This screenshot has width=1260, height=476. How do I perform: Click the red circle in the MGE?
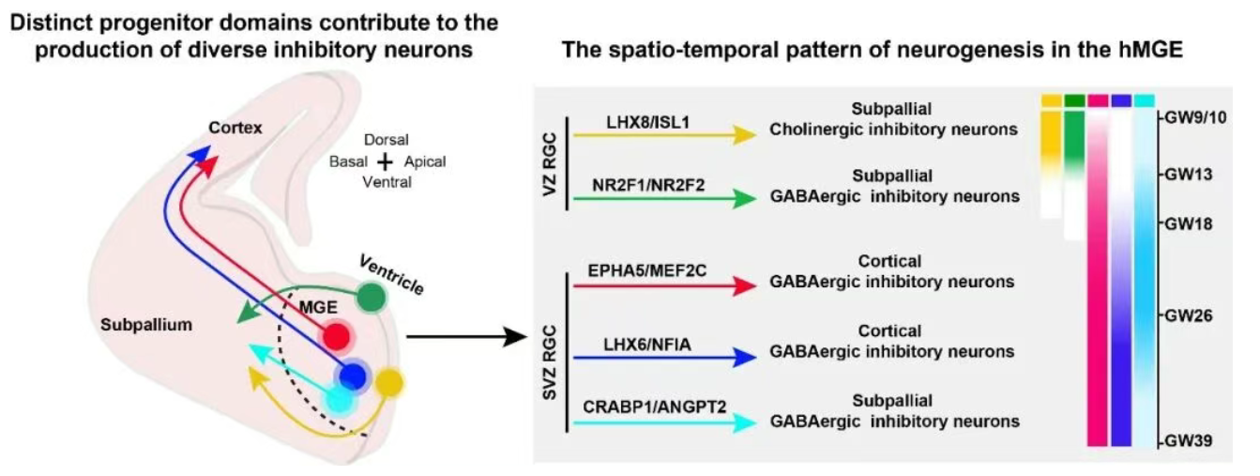(x=337, y=336)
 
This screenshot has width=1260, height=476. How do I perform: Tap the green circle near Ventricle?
(x=372, y=297)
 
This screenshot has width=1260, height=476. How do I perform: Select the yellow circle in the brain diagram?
(x=389, y=383)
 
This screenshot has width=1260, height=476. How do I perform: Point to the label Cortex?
(x=235, y=128)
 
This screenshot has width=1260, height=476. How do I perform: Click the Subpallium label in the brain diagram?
(x=146, y=325)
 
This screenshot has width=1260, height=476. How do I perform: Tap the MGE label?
(x=318, y=307)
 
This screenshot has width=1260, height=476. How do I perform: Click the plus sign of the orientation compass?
(x=386, y=162)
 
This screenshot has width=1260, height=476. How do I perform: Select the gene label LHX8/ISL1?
(x=648, y=122)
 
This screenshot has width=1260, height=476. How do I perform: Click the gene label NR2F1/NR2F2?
(x=648, y=185)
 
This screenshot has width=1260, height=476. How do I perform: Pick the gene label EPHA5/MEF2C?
(x=646, y=270)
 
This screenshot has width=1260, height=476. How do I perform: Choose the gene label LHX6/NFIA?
(x=646, y=344)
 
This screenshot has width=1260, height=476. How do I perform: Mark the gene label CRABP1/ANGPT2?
(x=655, y=407)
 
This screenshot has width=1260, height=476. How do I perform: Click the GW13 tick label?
(x=1189, y=175)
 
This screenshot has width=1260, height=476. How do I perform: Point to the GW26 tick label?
(x=1189, y=315)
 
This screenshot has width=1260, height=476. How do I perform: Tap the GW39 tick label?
(x=1189, y=440)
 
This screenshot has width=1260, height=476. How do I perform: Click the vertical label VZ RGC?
(x=550, y=164)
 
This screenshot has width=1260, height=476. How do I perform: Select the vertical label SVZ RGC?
(x=550, y=362)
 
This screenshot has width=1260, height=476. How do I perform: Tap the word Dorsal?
(x=387, y=140)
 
